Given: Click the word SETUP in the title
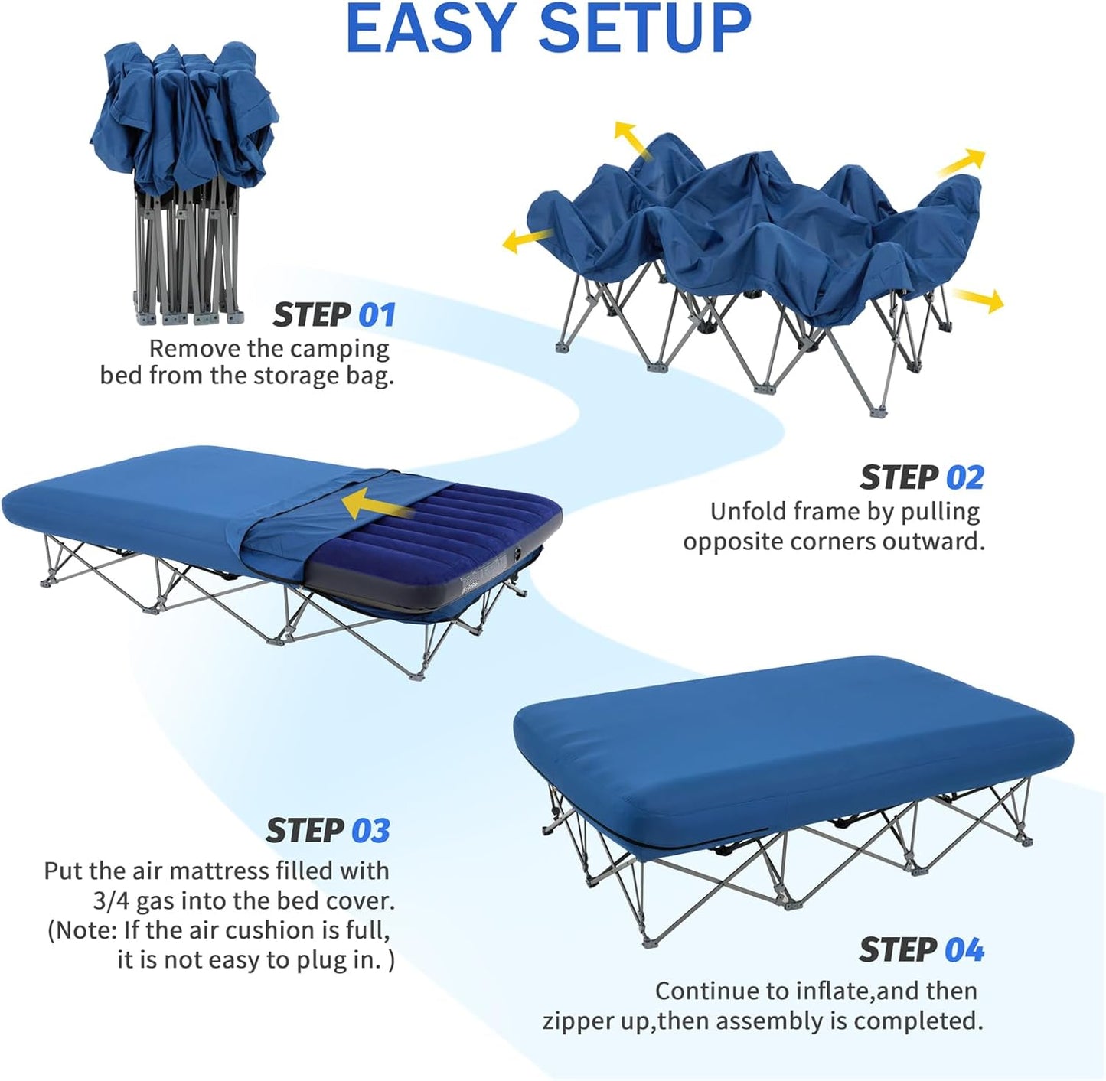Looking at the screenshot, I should (x=644, y=28).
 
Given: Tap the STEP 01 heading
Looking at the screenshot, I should (x=334, y=314).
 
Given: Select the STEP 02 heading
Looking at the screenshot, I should (x=922, y=477).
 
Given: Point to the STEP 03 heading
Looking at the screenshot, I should (x=328, y=831).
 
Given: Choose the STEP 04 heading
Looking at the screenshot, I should (x=922, y=950).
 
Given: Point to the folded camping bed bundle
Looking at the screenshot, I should (x=184, y=184).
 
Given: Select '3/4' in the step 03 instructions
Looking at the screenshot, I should (x=112, y=900).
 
